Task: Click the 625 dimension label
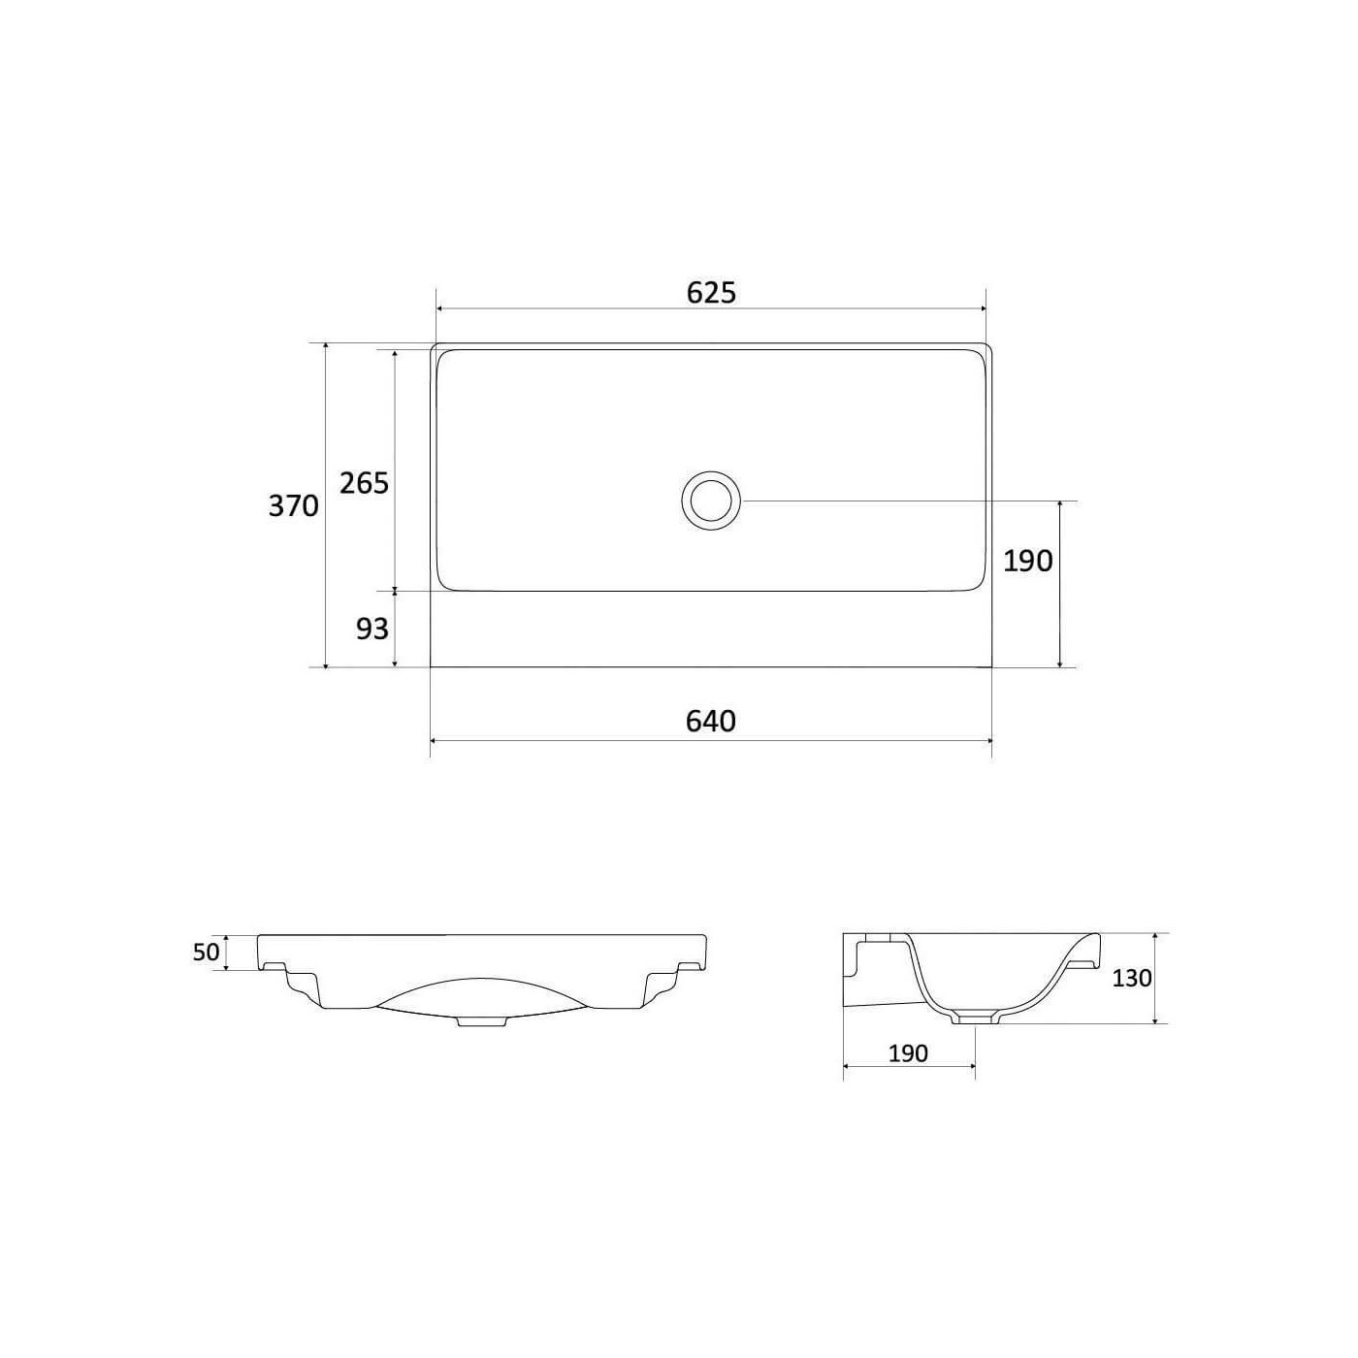[x=711, y=293]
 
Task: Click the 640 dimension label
[x=710, y=721]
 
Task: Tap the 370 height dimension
[x=293, y=506]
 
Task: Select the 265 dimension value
[x=364, y=483]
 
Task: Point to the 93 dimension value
[x=372, y=629]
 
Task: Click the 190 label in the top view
[x=1027, y=561]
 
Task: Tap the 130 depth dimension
[x=1132, y=978]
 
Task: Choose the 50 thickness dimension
[x=207, y=953]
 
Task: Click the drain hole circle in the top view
[x=711, y=472]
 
